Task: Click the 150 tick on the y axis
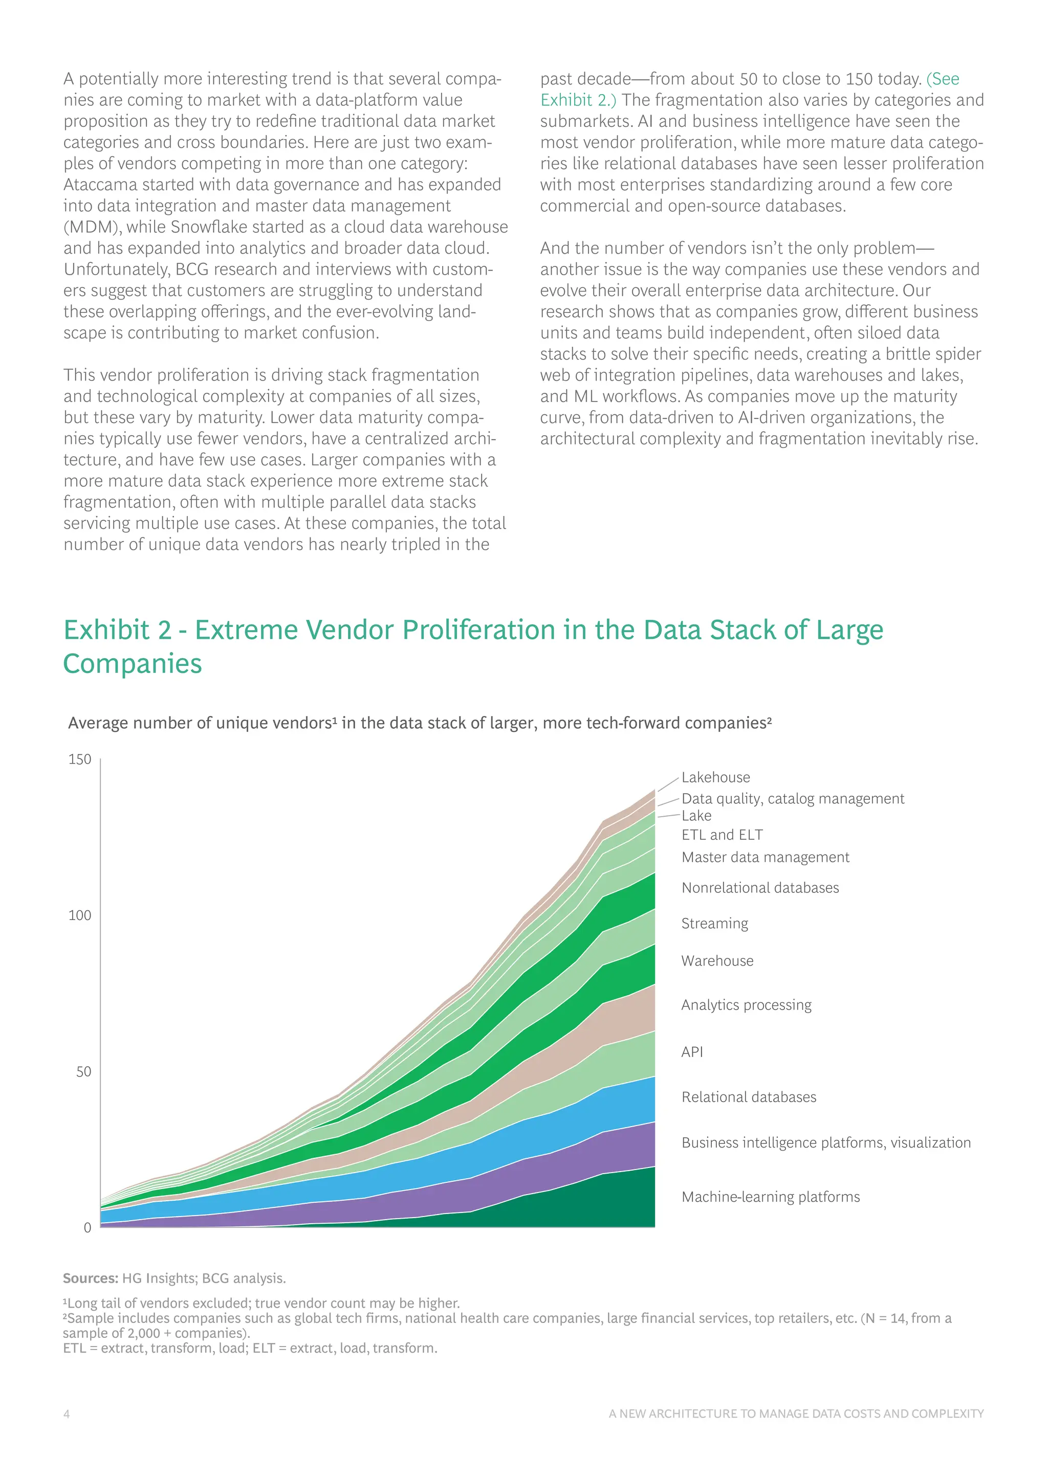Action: (80, 759)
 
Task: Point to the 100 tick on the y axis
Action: (80, 915)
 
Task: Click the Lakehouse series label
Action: (716, 777)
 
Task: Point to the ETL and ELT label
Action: (722, 835)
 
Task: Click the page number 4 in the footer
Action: (67, 1414)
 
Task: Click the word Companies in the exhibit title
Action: (133, 664)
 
